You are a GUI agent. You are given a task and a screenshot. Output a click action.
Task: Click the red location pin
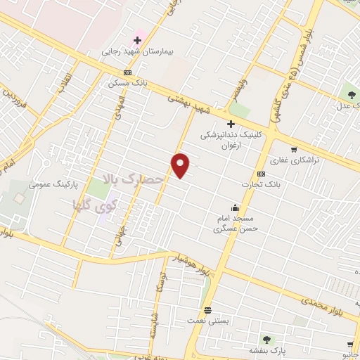click(x=181, y=166)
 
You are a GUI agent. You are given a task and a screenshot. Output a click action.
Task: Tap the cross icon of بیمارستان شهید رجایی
click(x=137, y=40)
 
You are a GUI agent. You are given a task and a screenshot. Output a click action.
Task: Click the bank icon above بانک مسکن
click(x=127, y=72)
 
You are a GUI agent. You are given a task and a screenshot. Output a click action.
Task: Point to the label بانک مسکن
click(x=125, y=83)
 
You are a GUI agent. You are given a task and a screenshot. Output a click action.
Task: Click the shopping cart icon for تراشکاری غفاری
click(x=293, y=149)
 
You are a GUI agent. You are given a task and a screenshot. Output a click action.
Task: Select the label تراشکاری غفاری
click(x=296, y=160)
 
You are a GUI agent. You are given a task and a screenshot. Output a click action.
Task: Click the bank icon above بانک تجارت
click(x=261, y=174)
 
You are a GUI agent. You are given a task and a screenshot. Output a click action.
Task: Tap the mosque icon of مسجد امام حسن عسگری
click(x=234, y=207)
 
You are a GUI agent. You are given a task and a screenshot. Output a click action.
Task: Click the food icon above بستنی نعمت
click(x=207, y=309)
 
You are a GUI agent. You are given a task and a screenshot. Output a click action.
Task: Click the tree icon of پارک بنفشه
click(x=266, y=340)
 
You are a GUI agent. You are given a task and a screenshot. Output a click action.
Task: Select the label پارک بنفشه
click(x=266, y=350)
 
